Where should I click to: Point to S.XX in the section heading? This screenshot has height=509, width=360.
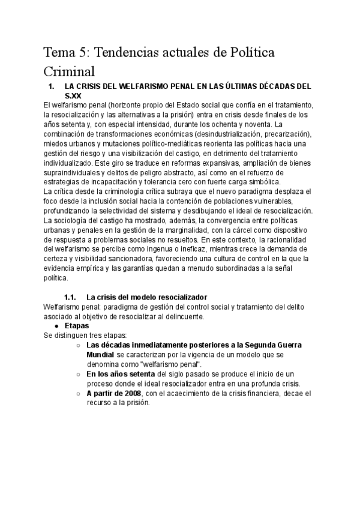(74, 95)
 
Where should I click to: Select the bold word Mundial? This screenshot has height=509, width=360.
(100, 355)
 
